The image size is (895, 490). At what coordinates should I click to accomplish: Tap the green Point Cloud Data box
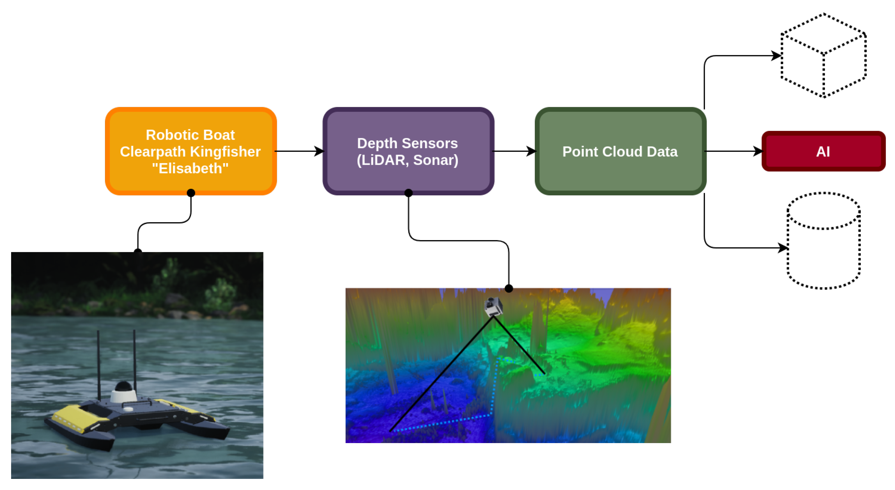tap(620, 152)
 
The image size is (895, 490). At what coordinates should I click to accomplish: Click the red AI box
tap(823, 152)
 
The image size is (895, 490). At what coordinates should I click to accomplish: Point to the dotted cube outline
tap(823, 56)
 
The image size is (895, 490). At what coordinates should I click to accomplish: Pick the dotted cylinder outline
tap(823, 241)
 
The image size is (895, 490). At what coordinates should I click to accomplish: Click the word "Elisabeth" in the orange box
tap(190, 168)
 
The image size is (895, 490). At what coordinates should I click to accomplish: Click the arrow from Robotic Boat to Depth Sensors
tap(299, 151)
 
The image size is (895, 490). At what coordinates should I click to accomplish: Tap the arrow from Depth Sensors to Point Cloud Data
tap(514, 151)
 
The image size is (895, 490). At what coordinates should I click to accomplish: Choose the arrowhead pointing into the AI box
tap(757, 151)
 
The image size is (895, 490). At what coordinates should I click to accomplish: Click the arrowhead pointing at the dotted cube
tap(776, 56)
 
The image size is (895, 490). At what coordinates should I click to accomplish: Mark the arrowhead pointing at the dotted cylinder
tap(782, 247)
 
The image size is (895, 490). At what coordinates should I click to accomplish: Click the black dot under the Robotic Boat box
tap(191, 193)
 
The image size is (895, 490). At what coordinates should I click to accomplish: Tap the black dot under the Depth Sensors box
tap(409, 193)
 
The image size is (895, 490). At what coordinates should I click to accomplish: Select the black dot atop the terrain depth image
tap(509, 288)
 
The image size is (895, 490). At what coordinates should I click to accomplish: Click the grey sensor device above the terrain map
tap(493, 307)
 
